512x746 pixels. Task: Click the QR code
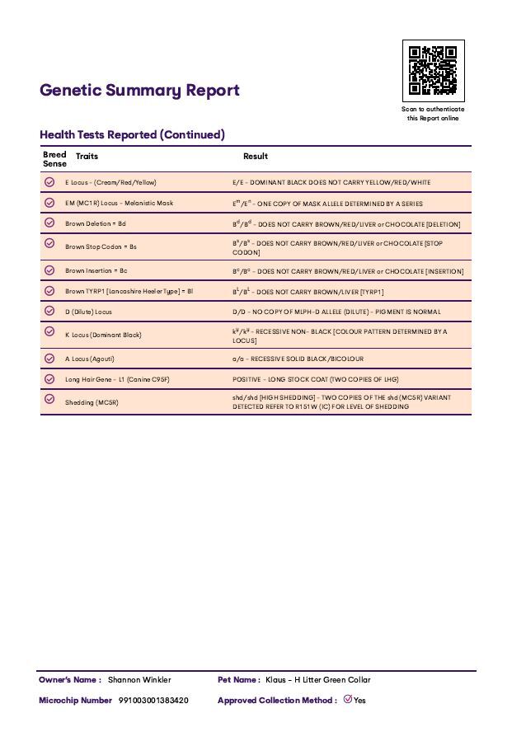(433, 71)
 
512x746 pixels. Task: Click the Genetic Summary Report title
(139, 91)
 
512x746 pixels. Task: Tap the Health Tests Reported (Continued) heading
(132, 134)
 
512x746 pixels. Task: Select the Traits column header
(87, 156)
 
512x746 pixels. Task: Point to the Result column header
(255, 156)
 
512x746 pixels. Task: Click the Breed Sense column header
(54, 159)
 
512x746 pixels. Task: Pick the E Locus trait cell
(110, 182)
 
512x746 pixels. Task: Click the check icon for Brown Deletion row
(49, 223)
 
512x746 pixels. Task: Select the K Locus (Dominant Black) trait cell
(103, 335)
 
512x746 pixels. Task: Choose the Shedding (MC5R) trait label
(92, 402)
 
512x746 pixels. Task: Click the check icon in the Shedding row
(49, 401)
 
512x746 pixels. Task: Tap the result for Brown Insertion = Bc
(348, 271)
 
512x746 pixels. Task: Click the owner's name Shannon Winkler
(139, 680)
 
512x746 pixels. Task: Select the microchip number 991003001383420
(153, 701)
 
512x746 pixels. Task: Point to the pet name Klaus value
(317, 680)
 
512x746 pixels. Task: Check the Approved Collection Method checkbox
(347, 700)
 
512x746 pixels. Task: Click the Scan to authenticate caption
(433, 114)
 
